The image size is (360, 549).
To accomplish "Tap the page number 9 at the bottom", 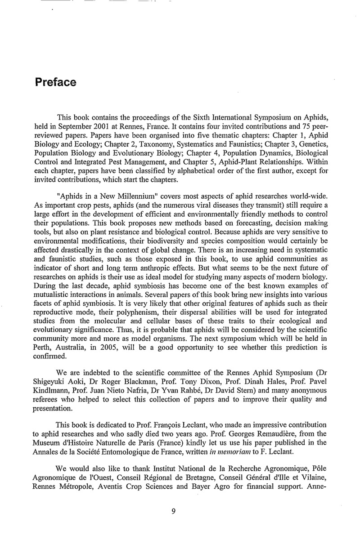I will tap(173, 523).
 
